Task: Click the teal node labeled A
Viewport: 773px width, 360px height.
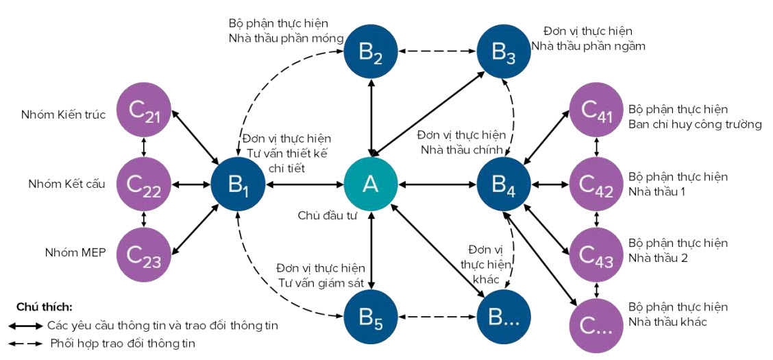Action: (371, 184)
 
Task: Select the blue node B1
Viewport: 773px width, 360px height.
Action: (237, 184)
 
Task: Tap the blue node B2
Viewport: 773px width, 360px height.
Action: (371, 51)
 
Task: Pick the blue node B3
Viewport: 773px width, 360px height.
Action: (504, 51)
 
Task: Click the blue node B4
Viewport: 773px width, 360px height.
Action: (504, 184)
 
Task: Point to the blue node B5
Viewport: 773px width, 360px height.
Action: (371, 316)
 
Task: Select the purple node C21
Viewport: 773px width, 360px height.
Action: (143, 113)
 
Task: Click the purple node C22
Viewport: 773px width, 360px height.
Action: (143, 184)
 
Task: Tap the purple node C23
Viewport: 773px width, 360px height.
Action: (143, 254)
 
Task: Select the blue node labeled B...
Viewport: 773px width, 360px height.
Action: (504, 316)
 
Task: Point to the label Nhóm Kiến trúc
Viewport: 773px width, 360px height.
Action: (63, 115)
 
